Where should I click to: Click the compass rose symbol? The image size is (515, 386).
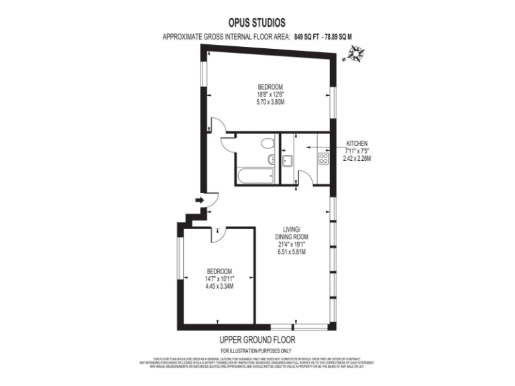tap(355, 54)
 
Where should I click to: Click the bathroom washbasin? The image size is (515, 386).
tap(271, 159)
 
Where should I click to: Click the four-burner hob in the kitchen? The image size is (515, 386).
tap(323, 159)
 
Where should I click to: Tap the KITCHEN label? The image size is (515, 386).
tap(357, 143)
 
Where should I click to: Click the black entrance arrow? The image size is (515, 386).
tap(199, 200)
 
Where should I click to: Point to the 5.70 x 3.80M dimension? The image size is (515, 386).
tap(271, 103)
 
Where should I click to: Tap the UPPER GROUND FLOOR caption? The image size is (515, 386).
tap(257, 340)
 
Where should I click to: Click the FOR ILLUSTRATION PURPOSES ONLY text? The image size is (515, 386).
tap(257, 351)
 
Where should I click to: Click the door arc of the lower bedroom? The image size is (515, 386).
tap(220, 233)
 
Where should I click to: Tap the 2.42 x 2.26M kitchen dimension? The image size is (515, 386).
tap(357, 159)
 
